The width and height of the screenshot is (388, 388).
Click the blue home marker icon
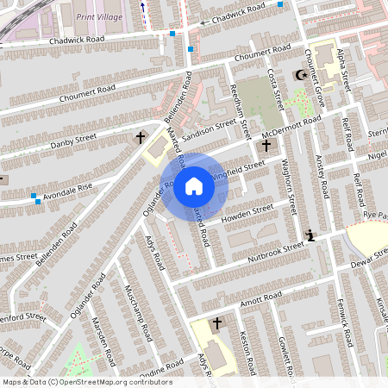tap(194, 185)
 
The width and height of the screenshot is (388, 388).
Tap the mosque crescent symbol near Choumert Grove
tap(301, 76)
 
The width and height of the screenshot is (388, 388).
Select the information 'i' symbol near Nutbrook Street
tap(310, 235)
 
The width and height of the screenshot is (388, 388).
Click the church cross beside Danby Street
tap(140, 137)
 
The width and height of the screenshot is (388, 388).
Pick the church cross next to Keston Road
tap(216, 323)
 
